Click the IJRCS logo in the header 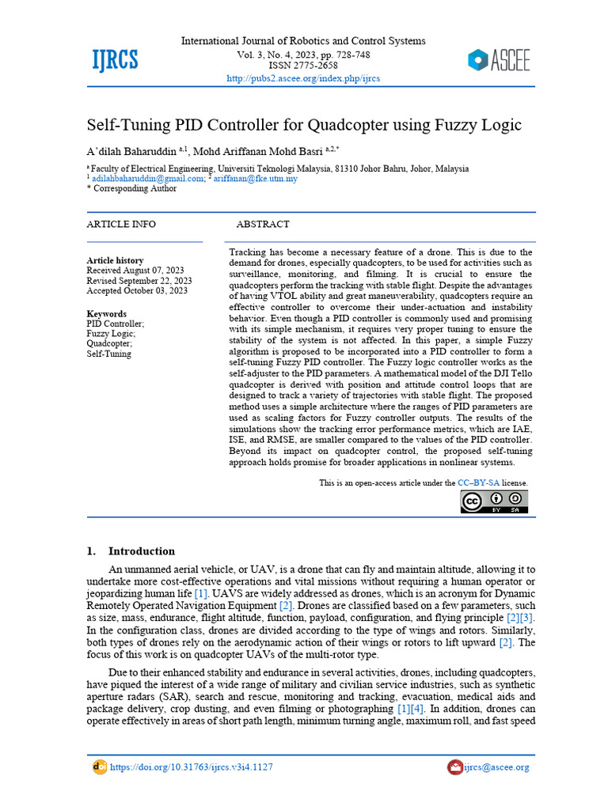point(116,59)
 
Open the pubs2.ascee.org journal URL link point(303,78)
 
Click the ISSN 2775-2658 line point(303,66)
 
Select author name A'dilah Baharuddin point(131,150)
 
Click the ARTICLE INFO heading point(121,225)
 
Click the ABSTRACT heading point(263,225)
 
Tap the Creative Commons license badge point(494,502)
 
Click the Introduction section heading point(141,551)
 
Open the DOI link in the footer point(191,767)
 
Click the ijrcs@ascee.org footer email point(496,767)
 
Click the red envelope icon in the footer point(454,767)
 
